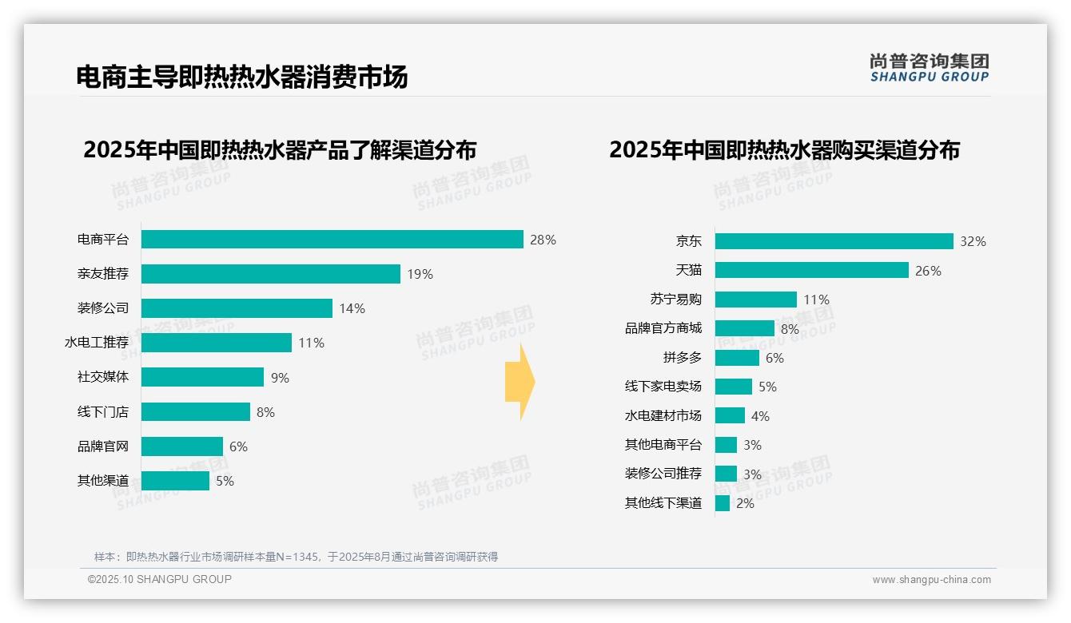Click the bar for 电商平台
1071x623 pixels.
click(x=332, y=240)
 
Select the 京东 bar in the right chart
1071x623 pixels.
click(x=834, y=241)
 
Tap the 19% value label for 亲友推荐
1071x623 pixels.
click(x=420, y=274)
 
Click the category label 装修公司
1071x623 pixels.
click(x=102, y=308)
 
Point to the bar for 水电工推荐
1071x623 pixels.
click(x=216, y=343)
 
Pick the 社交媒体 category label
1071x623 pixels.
click(x=102, y=377)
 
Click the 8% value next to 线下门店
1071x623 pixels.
click(x=265, y=412)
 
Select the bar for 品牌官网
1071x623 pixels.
click(x=181, y=446)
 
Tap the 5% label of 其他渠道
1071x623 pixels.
click(x=225, y=481)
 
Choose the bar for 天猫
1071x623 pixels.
click(x=811, y=270)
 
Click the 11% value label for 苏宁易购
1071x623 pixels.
click(x=816, y=300)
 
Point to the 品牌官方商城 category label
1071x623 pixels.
click(x=663, y=328)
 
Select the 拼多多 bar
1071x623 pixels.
click(x=736, y=358)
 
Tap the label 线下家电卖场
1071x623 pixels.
click(x=663, y=387)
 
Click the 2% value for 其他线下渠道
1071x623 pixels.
click(x=745, y=503)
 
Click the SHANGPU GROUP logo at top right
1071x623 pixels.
click(x=929, y=68)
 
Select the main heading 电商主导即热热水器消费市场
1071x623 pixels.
click(x=241, y=77)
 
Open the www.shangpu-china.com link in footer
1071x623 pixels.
click(x=931, y=580)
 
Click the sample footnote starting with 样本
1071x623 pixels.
click(x=296, y=557)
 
